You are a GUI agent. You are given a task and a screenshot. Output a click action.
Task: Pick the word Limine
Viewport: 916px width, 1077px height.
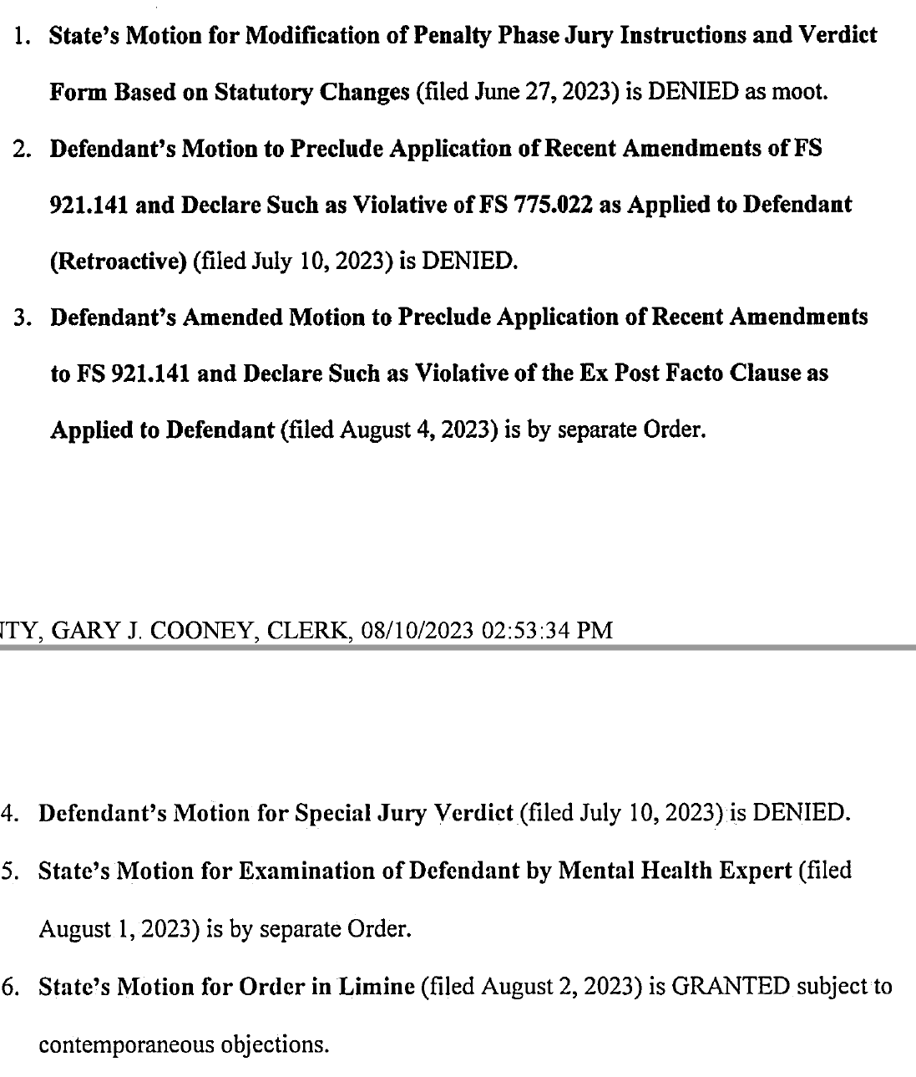376,987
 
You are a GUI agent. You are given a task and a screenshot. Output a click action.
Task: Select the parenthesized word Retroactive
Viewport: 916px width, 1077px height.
119,262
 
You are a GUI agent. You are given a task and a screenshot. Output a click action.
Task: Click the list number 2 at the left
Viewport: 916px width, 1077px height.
19,149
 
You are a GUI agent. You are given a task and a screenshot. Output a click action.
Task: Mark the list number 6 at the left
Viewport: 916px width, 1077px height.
10,987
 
